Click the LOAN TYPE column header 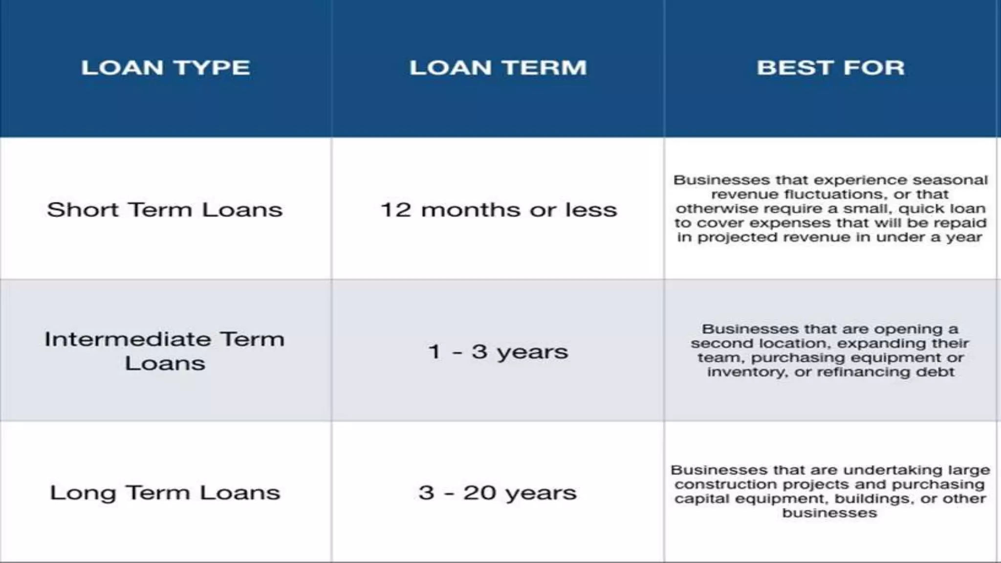[x=165, y=67]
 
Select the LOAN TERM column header [x=498, y=67]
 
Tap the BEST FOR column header [x=830, y=67]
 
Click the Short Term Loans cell [x=165, y=210]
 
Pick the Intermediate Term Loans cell [x=165, y=351]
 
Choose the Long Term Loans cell [x=165, y=493]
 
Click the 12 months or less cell [x=498, y=210]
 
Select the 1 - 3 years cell [x=498, y=351]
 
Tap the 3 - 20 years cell [x=498, y=493]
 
